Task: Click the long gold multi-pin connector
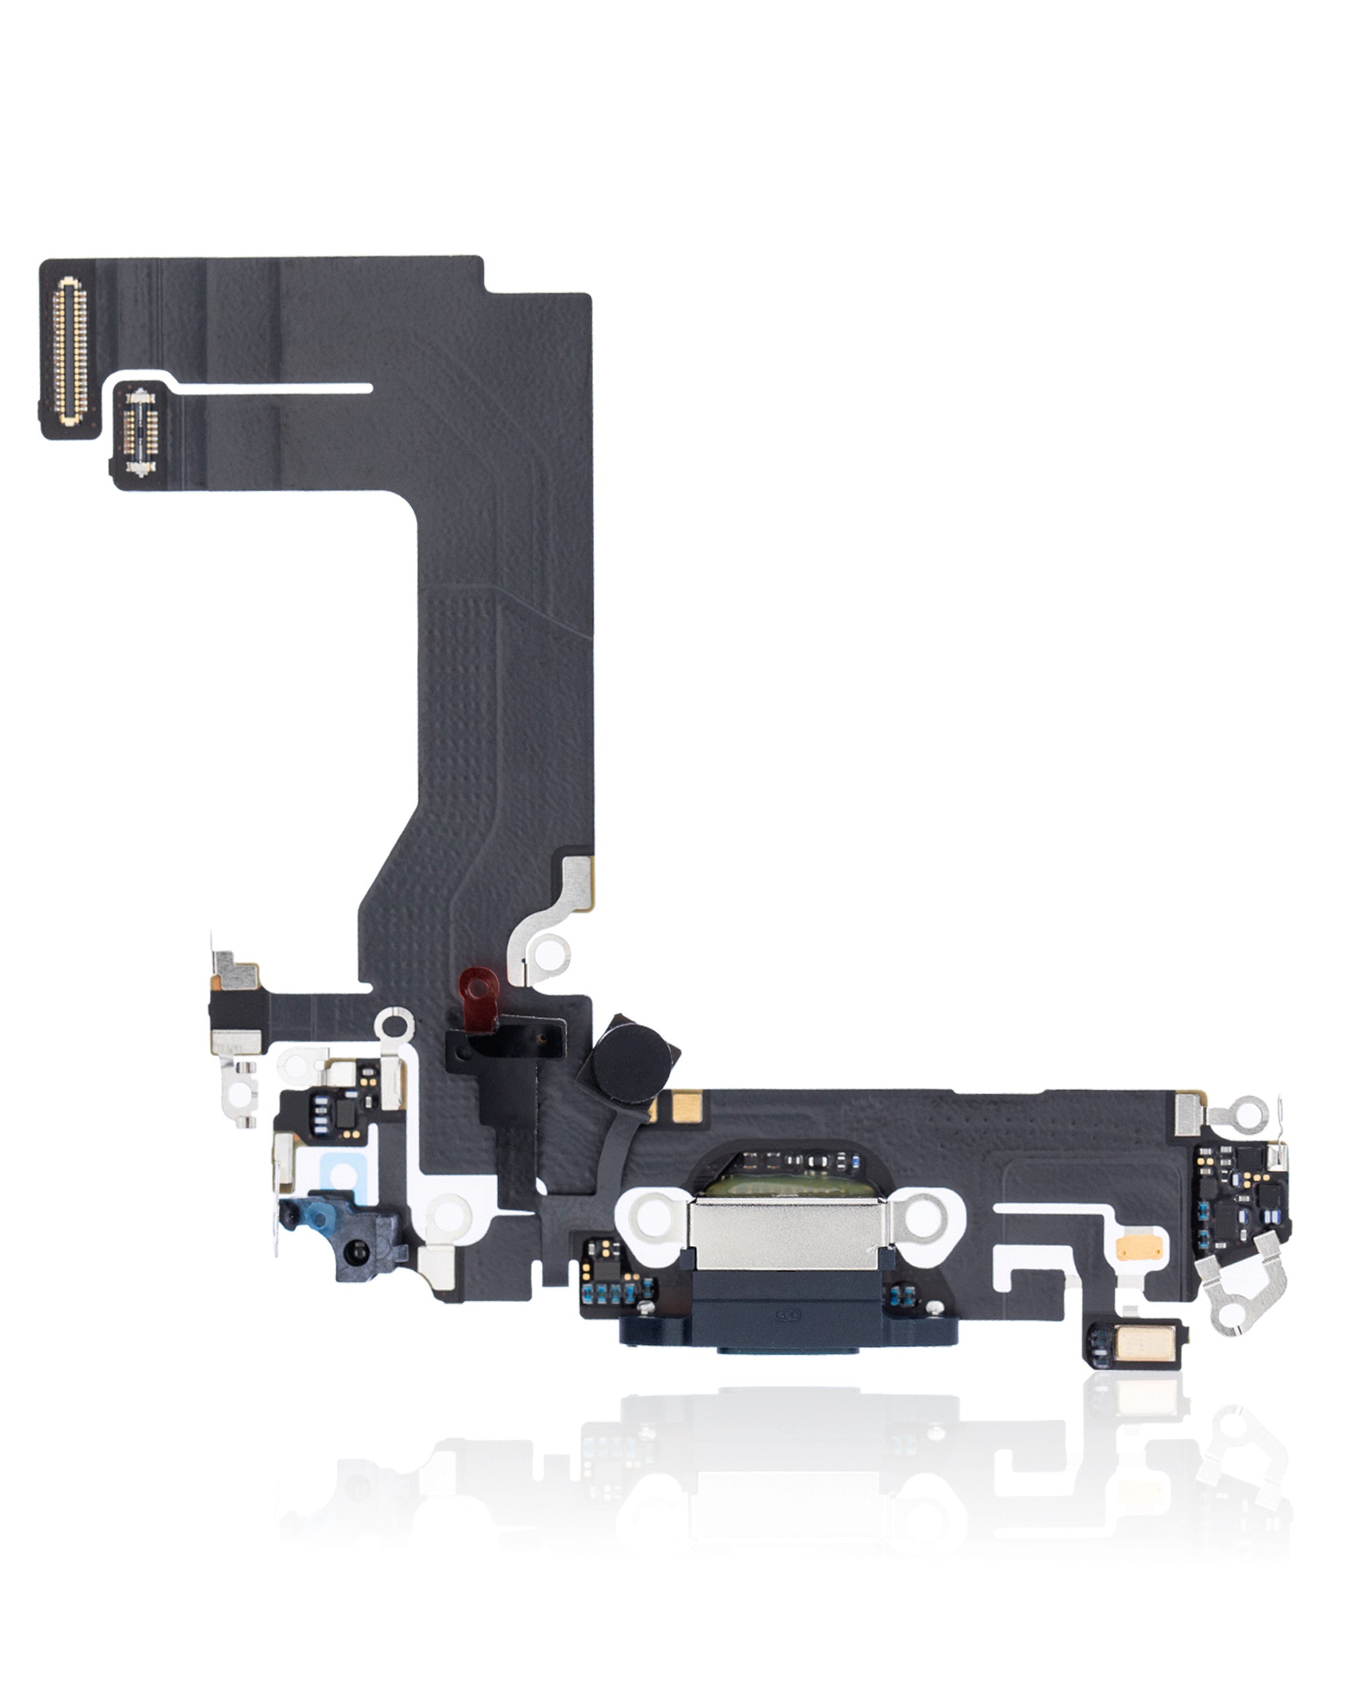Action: (x=69, y=348)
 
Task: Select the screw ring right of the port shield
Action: (x=923, y=1216)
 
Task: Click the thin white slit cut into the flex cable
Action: (x=273, y=387)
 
